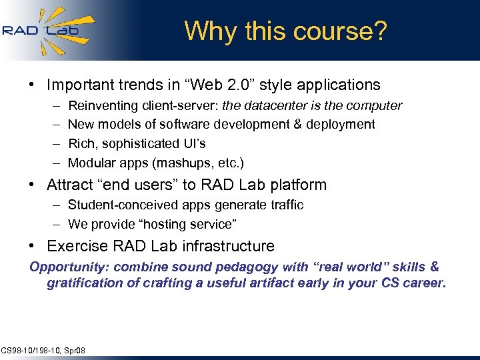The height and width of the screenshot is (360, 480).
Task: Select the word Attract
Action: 70,185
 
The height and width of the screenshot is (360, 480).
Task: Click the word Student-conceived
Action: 119,205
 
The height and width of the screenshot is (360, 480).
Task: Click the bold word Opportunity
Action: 69,267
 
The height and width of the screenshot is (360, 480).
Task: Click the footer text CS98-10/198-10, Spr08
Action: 43,351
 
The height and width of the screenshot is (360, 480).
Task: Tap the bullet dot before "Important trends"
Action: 32,85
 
